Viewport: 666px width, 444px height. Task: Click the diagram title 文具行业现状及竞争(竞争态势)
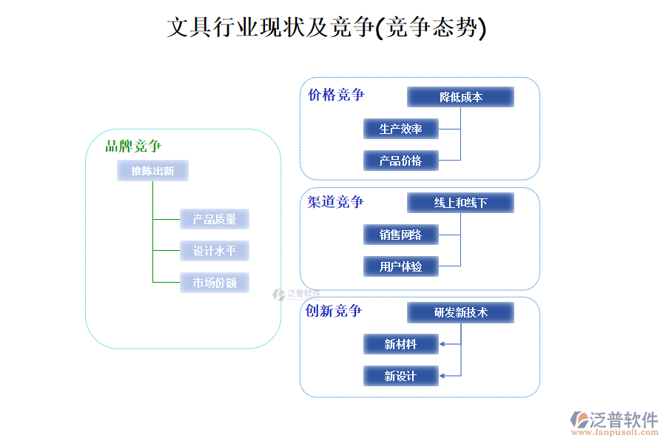click(x=326, y=28)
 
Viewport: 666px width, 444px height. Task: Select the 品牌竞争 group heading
click(x=133, y=147)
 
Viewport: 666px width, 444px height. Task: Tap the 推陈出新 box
click(x=152, y=171)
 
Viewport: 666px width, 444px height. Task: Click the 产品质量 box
click(x=215, y=219)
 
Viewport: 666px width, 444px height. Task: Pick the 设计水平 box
click(x=215, y=251)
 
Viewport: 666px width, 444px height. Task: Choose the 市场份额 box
click(x=215, y=283)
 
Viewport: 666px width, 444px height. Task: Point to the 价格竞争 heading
click(x=336, y=95)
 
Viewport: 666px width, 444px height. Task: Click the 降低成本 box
click(x=460, y=97)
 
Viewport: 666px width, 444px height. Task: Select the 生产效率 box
click(x=401, y=129)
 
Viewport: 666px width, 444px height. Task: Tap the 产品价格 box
click(x=401, y=161)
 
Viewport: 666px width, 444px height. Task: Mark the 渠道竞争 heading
click(x=336, y=202)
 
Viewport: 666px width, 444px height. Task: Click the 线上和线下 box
click(x=460, y=203)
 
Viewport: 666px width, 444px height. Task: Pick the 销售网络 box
click(x=401, y=235)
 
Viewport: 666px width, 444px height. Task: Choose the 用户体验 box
click(x=401, y=266)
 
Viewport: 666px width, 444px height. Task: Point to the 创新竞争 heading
click(x=334, y=311)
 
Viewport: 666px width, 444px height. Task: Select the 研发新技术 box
click(x=460, y=312)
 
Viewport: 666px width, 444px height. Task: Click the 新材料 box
click(x=401, y=344)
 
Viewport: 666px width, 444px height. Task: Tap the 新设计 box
click(x=401, y=376)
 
